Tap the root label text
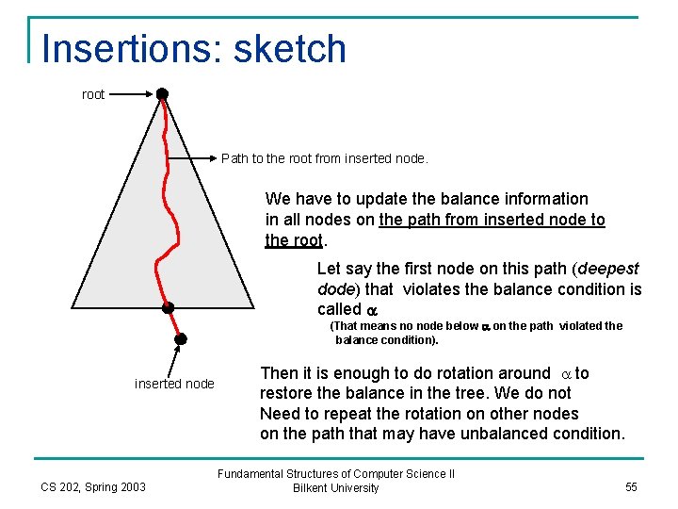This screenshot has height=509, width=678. (x=93, y=94)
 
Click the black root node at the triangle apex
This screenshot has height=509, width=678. (x=162, y=94)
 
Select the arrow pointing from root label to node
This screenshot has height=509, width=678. (x=132, y=94)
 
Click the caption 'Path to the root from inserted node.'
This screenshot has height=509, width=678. (x=324, y=158)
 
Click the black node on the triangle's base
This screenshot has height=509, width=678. (x=168, y=307)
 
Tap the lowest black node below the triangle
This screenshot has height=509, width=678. (x=180, y=338)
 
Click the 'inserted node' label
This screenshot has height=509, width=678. (x=174, y=384)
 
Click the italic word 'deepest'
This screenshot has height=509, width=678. (x=609, y=269)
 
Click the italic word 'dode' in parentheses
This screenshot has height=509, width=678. (x=334, y=289)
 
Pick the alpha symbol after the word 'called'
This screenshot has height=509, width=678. (x=371, y=310)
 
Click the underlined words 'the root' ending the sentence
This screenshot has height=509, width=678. (x=293, y=239)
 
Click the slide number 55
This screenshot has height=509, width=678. (x=630, y=486)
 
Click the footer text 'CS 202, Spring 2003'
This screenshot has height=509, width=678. (x=93, y=486)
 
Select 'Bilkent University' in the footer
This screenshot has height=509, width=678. (x=336, y=488)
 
